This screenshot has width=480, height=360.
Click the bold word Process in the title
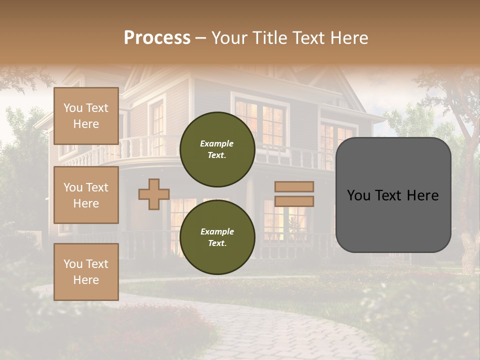157,37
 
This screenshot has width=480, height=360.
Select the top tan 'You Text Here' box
86,116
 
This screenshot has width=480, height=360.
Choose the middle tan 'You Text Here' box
86,195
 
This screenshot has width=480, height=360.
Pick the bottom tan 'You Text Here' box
86,271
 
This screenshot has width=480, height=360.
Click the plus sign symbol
154,194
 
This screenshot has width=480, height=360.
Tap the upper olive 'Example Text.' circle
217,149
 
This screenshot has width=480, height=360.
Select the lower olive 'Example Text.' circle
217,237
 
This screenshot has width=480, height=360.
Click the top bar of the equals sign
294,186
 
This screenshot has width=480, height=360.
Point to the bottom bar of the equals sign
294,201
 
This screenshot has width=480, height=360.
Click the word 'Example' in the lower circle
217,231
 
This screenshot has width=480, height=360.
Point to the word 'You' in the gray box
359,195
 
